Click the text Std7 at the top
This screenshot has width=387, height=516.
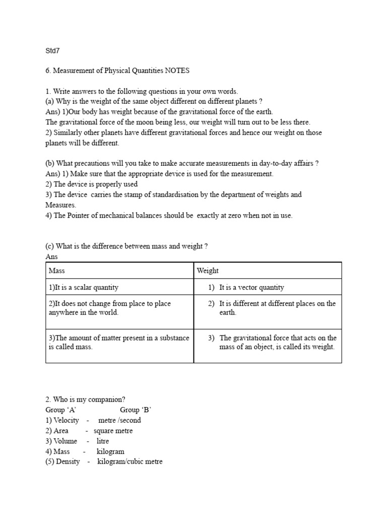[52, 51]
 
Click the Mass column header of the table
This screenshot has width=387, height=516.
[57, 271]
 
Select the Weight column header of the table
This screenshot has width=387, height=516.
[208, 271]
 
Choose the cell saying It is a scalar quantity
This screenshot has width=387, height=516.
[84, 287]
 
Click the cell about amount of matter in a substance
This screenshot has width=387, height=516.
[119, 342]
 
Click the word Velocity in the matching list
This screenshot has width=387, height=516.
[67, 420]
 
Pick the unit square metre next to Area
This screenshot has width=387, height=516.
[113, 431]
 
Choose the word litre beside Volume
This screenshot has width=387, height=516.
[103, 441]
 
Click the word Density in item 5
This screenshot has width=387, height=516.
[68, 462]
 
